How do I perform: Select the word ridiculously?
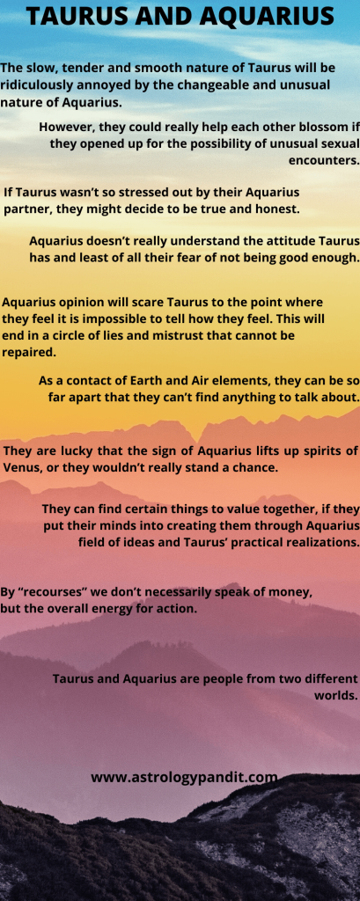33,85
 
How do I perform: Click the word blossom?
325,127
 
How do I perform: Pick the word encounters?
324,160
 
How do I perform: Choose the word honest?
280,209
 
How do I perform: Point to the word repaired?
29,353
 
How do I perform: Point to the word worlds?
336,695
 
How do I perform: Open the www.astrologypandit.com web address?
184,778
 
